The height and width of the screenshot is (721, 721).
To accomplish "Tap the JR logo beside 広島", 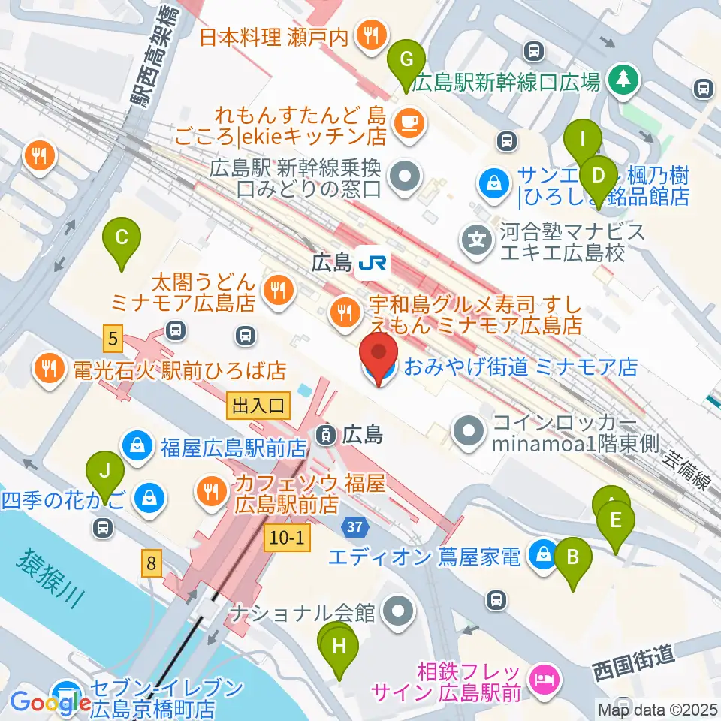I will [x=373, y=262].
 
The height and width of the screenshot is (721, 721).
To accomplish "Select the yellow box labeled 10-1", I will [x=285, y=537].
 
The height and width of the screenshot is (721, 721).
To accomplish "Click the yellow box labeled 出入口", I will [x=258, y=406].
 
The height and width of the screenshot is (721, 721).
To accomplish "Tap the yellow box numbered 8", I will [x=152, y=563].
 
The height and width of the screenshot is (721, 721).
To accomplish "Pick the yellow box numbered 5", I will [x=113, y=339].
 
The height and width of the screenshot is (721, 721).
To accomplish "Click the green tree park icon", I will [x=623, y=80].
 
